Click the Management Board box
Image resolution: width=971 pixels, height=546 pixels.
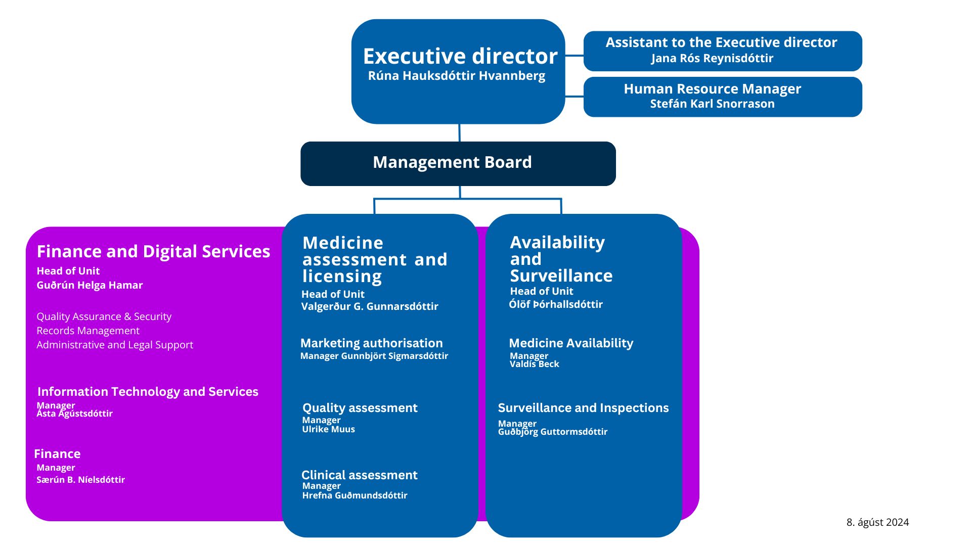coord(458,163)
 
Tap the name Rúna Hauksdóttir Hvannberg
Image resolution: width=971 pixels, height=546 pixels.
coord(457,76)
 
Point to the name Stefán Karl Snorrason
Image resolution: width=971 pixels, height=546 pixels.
coord(712,104)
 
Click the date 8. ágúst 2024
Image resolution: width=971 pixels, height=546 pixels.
coord(877,522)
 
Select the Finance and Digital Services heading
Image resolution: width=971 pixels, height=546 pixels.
coord(153,251)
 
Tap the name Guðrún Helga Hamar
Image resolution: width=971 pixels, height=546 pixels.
coord(90,285)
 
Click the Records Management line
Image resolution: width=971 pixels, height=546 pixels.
coord(88,331)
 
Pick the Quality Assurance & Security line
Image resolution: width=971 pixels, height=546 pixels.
coord(104,316)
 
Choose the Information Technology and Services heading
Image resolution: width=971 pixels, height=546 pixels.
coord(148,392)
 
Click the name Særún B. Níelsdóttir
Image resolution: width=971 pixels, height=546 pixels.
coord(80,480)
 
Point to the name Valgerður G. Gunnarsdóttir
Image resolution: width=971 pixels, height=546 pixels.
coord(370,306)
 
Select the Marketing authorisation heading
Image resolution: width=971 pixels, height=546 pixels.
coord(372,343)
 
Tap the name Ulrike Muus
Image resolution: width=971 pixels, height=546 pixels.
coord(329,429)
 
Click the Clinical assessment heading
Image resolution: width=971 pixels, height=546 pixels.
coord(360,475)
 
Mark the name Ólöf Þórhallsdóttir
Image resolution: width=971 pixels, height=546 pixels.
coord(556,304)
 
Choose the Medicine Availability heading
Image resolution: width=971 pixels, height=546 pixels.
coord(571,343)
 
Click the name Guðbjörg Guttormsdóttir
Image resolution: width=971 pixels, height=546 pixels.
coord(553,432)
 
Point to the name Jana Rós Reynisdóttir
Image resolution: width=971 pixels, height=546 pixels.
coord(712,58)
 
